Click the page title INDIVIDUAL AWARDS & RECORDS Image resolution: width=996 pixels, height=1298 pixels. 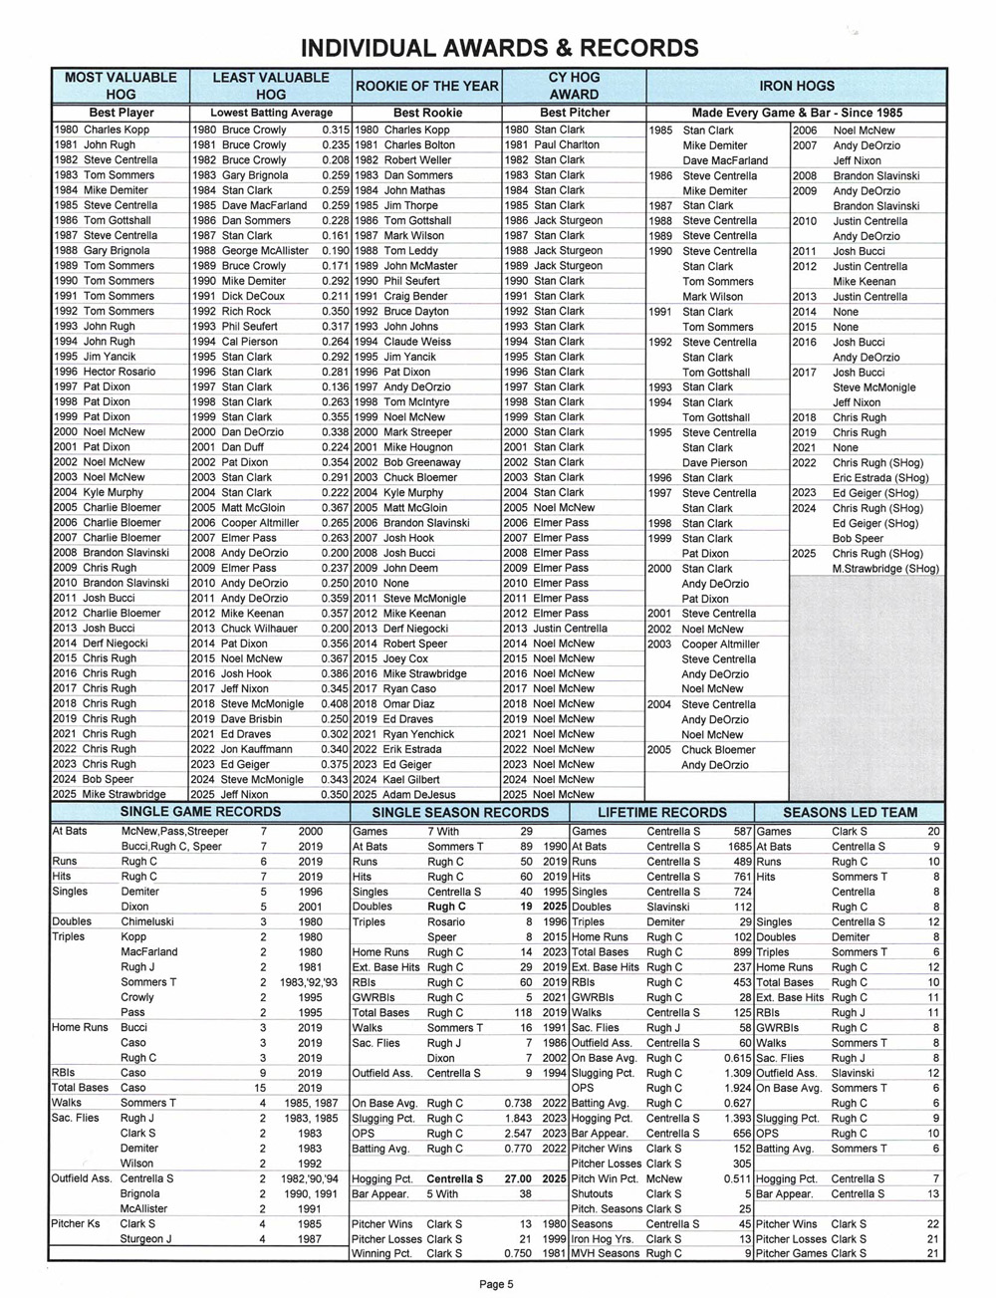point(499,48)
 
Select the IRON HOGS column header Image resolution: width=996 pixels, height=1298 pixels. point(796,86)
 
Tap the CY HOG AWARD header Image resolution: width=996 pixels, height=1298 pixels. point(574,86)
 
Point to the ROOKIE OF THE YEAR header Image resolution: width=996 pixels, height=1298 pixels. point(427,86)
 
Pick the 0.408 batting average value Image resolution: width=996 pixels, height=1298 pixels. point(336,704)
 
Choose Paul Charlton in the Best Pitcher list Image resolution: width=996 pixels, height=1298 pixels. point(567,144)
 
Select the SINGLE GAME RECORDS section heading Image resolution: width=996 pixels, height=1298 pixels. point(200,812)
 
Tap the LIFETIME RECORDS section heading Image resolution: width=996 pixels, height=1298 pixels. point(661,812)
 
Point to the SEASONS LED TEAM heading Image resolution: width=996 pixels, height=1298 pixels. point(850,812)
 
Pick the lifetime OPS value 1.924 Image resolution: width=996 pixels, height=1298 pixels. point(735,1088)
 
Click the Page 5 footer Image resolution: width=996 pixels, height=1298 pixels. point(497,1284)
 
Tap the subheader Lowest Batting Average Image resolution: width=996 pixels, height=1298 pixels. point(270,114)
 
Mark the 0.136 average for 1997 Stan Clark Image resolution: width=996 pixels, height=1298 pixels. point(336,387)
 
